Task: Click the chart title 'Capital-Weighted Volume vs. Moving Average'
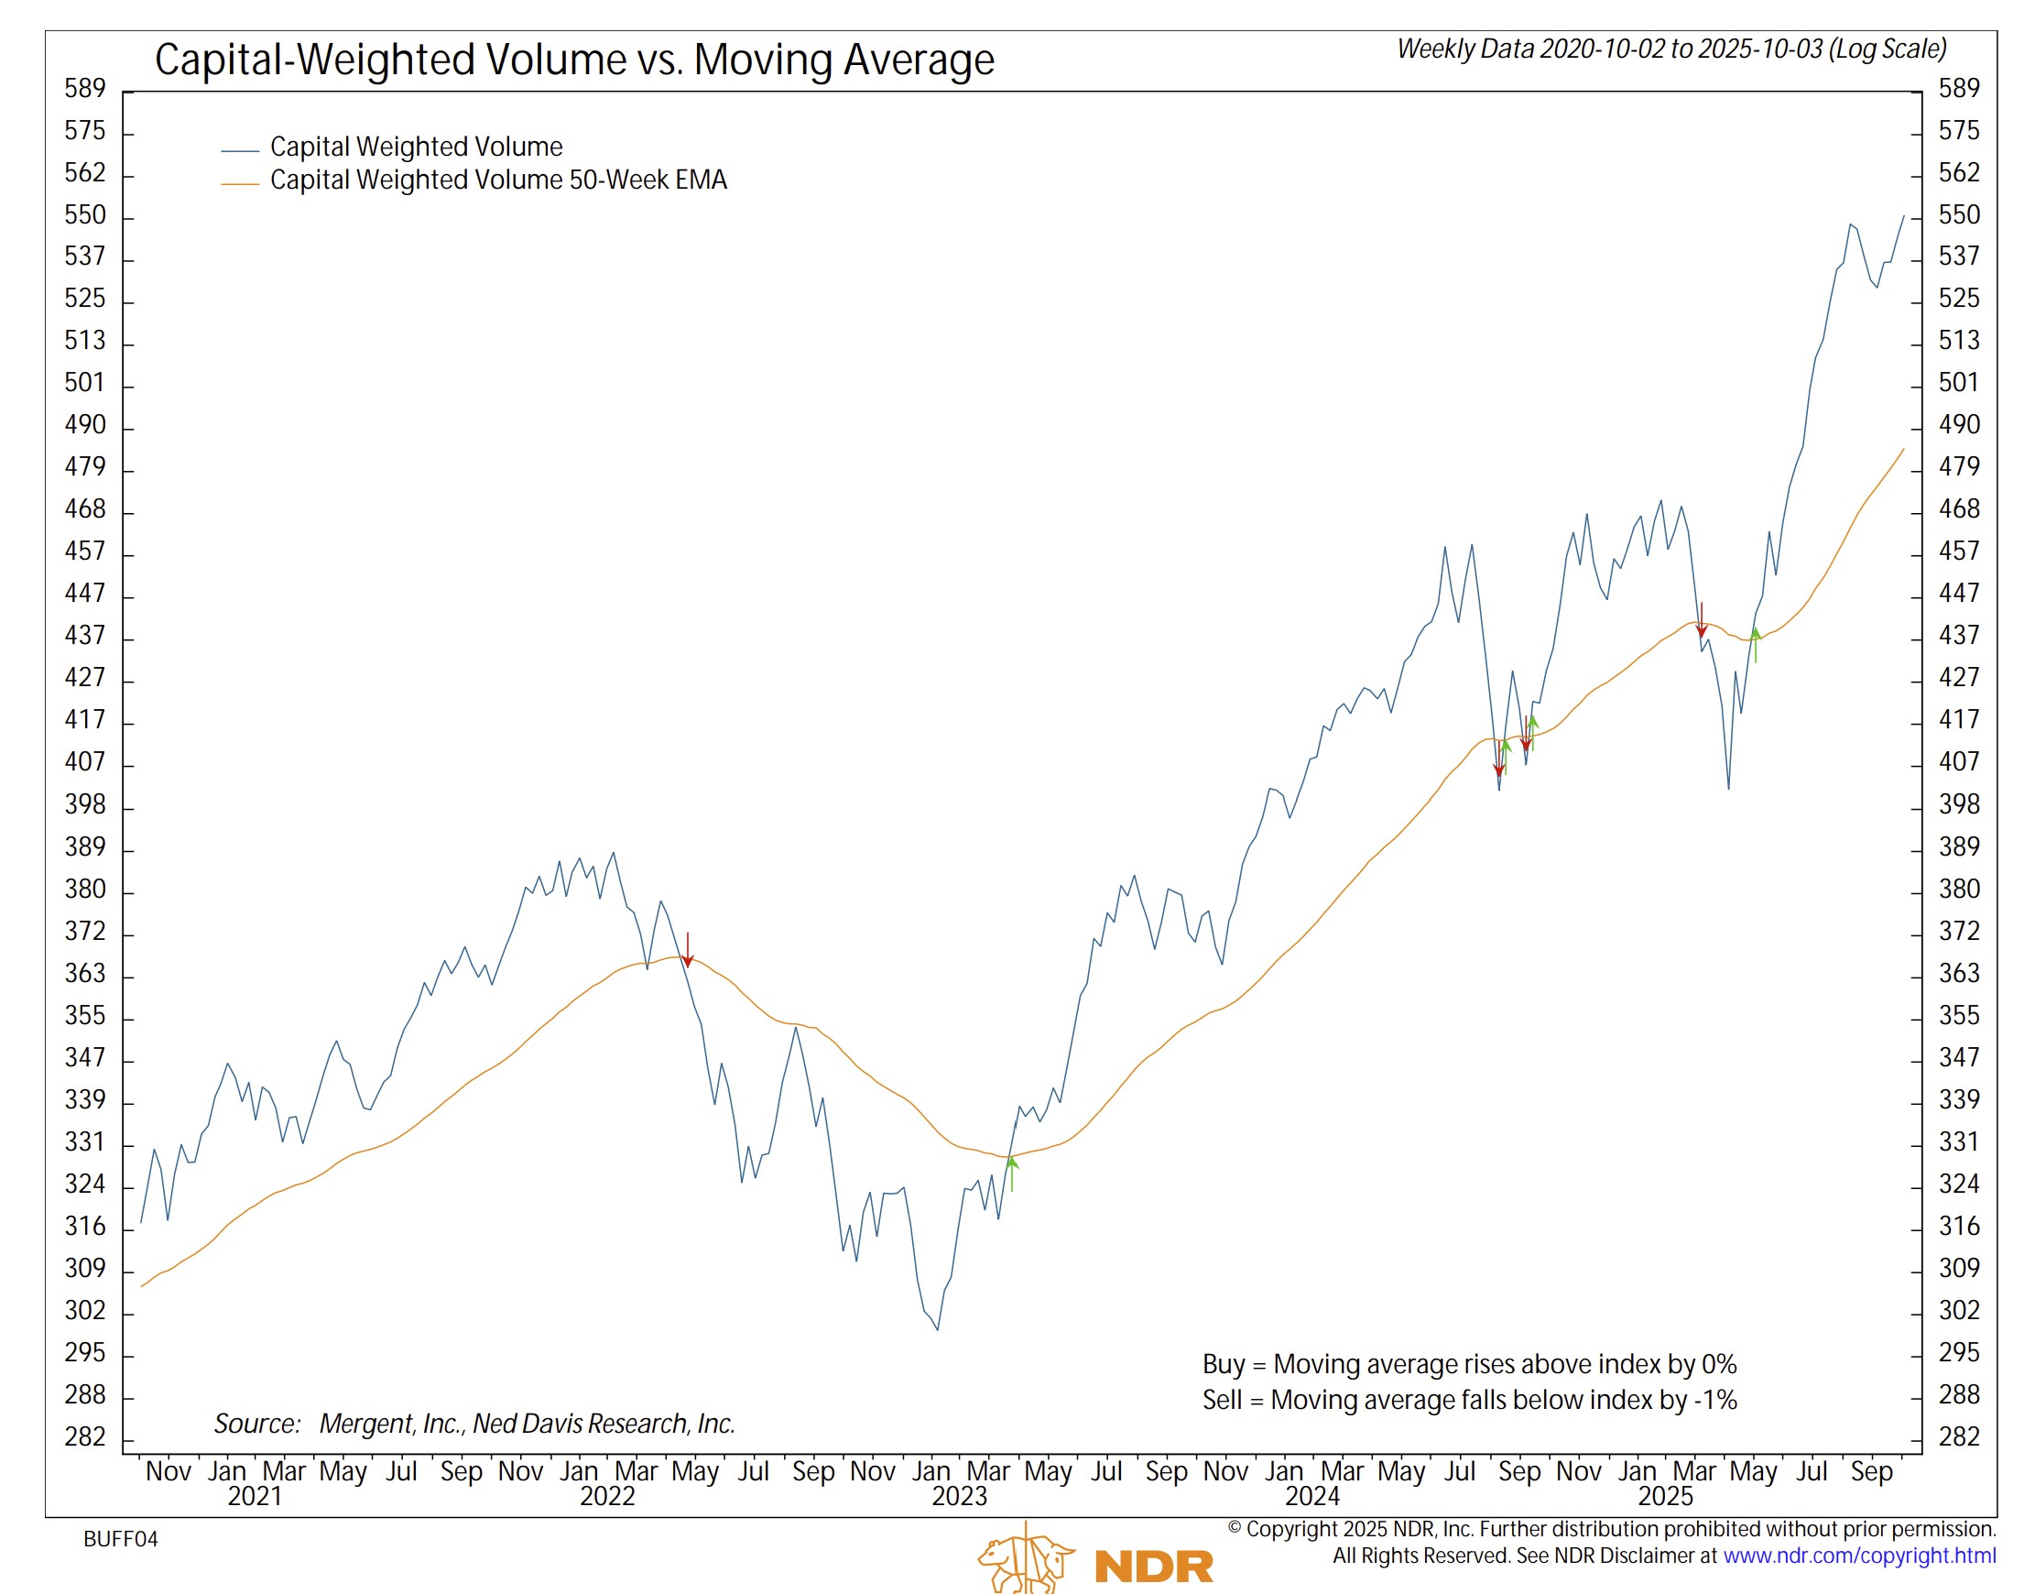click(x=574, y=60)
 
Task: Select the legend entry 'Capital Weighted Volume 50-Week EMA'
click(x=497, y=180)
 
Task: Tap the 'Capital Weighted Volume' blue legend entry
click(x=415, y=147)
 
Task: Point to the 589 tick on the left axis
click(x=85, y=89)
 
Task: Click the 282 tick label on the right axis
click(x=1958, y=1437)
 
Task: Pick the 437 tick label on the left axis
click(x=85, y=636)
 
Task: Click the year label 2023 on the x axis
click(x=958, y=1497)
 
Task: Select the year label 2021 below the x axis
click(x=254, y=1497)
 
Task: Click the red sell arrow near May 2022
click(x=688, y=950)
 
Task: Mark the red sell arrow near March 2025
click(x=1701, y=620)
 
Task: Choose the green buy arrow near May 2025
click(x=1756, y=644)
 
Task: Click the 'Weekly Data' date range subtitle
click(x=1670, y=49)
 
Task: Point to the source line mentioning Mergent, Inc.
click(x=474, y=1425)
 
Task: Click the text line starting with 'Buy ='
click(x=1469, y=1365)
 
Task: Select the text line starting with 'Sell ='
click(x=1469, y=1401)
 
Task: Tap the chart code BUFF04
click(x=120, y=1540)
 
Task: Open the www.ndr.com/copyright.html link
click(x=1859, y=1556)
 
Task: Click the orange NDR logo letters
click(x=1153, y=1567)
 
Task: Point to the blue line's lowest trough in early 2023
click(x=937, y=1329)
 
